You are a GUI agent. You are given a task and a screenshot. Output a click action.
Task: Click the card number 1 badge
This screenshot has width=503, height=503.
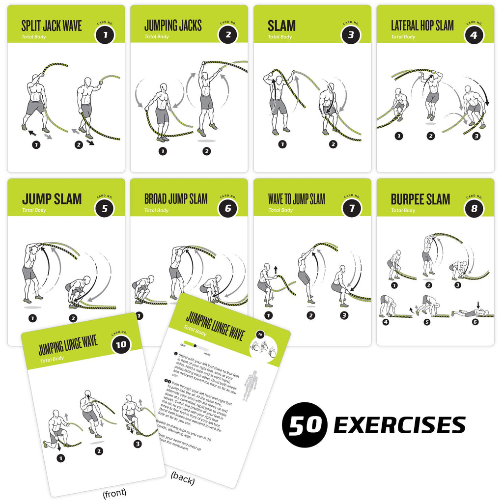(105, 35)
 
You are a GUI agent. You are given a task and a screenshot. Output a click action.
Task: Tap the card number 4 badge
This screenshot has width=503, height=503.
(474, 35)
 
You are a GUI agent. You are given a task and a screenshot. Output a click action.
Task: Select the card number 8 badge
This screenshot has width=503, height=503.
(474, 208)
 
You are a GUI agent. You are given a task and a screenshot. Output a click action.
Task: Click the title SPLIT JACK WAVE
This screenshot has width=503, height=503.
(52, 26)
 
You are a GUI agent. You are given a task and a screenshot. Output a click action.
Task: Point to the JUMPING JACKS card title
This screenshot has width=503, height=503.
(173, 26)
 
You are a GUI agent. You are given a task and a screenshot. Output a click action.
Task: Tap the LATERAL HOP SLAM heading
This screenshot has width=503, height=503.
(422, 26)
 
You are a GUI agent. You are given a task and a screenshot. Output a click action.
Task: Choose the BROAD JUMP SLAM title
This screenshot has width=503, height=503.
(176, 199)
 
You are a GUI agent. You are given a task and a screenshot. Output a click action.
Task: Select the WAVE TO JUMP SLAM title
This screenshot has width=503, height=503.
(297, 199)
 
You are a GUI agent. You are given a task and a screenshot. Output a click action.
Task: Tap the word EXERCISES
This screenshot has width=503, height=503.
(399, 425)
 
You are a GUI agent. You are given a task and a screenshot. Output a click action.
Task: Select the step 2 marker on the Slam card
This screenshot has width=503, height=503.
(333, 144)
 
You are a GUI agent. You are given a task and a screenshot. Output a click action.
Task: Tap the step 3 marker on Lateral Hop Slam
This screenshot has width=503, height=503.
(475, 136)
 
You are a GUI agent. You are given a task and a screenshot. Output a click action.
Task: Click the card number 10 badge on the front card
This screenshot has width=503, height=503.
(121, 344)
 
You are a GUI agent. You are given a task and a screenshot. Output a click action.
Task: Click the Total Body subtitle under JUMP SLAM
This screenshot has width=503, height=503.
(34, 210)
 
